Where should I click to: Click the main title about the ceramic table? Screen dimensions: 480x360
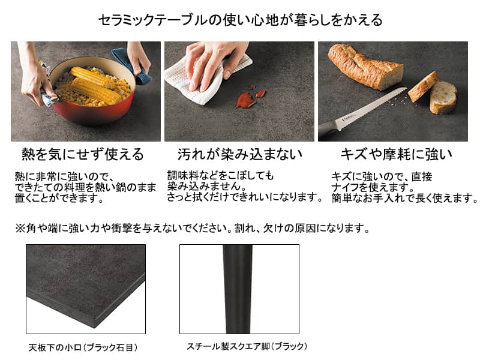click(x=241, y=20)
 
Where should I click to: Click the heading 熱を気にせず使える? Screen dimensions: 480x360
click(x=83, y=154)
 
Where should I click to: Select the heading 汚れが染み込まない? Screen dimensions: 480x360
click(x=240, y=154)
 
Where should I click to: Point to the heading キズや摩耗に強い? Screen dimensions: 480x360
click(x=397, y=154)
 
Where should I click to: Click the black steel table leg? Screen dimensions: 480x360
click(x=238, y=289)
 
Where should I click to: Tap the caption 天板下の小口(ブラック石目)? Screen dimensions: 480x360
click(x=83, y=347)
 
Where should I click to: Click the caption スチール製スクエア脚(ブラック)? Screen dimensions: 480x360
click(x=247, y=346)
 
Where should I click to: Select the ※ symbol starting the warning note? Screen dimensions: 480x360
click(x=20, y=228)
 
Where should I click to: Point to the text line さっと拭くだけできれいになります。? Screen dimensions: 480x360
click(x=244, y=197)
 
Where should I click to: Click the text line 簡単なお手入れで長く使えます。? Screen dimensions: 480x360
click(x=404, y=198)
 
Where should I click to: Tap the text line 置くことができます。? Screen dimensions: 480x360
click(x=59, y=198)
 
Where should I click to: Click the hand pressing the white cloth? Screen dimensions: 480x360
click(x=214, y=63)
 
